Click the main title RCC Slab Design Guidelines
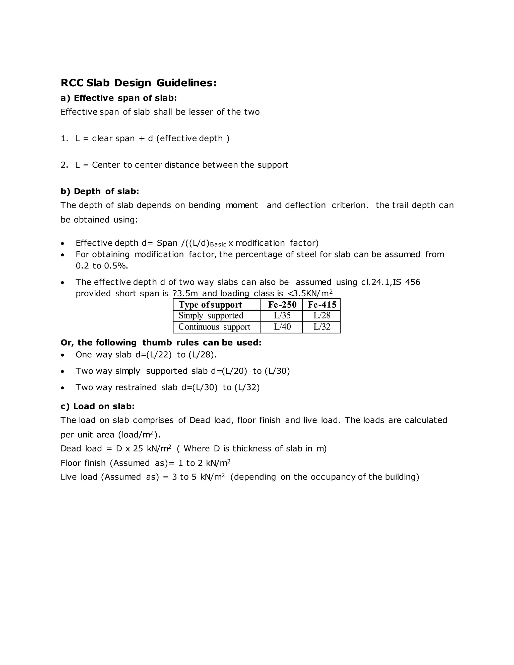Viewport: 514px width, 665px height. pyautogui.click(x=139, y=83)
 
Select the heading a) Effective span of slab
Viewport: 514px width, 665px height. pyautogui.click(x=118, y=98)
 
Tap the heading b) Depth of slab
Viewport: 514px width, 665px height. pyautogui.click(x=100, y=191)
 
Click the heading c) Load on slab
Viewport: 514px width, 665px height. pyautogui.click(x=97, y=406)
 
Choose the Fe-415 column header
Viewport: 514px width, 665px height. pyautogui.click(x=322, y=304)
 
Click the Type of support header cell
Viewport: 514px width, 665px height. pyautogui.click(x=210, y=304)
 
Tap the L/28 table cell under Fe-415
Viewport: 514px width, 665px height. pyautogui.click(x=322, y=315)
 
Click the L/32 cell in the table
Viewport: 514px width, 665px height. pyautogui.click(x=322, y=327)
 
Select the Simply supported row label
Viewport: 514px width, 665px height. pyautogui.click(x=211, y=315)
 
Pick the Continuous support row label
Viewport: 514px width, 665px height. pyautogui.click(x=214, y=327)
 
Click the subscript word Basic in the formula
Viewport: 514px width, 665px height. pyautogui.click(x=218, y=244)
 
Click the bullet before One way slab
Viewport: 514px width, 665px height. pyautogui.click(x=62, y=355)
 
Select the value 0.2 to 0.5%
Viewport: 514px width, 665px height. pyautogui.click(x=102, y=266)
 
